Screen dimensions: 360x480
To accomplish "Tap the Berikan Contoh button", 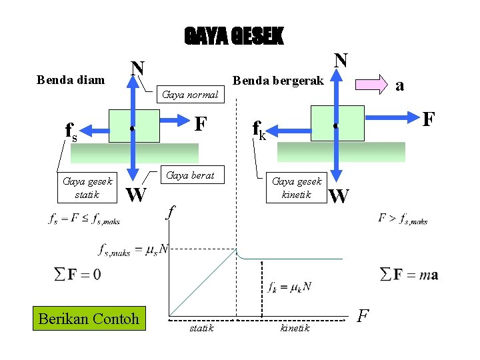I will [x=89, y=318].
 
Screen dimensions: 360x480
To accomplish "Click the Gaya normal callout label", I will [x=190, y=95].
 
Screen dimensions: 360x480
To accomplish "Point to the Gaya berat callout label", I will [x=190, y=175].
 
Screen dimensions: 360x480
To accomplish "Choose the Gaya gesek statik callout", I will [x=87, y=187].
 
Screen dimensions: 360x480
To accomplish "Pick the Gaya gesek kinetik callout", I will [x=297, y=187].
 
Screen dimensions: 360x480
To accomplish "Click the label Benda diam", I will [x=71, y=80].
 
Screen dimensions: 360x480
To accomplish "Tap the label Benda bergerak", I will [x=277, y=81].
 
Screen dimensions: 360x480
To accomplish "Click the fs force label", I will [x=70, y=132].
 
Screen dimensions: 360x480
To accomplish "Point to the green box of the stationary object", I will [x=135, y=126].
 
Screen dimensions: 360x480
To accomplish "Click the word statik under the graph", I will [x=201, y=328].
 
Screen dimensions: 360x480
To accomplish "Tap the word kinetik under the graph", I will [x=295, y=328].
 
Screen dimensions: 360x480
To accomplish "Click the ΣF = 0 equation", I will [x=77, y=274].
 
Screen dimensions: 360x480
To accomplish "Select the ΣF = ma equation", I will [x=409, y=274].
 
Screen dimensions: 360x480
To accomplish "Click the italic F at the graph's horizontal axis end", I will [x=363, y=315].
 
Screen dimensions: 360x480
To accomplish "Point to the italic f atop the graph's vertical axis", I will [x=171, y=212].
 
